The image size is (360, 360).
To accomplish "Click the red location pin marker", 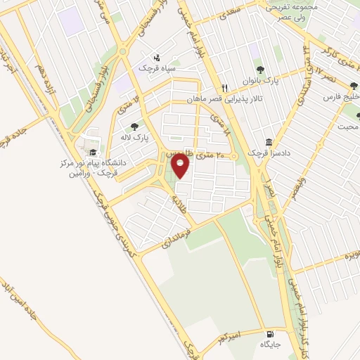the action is pyautogui.click(x=181, y=167).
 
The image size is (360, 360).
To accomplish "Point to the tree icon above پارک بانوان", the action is pyautogui.click(x=261, y=70).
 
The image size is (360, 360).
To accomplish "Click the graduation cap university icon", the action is pyautogui.click(x=92, y=152).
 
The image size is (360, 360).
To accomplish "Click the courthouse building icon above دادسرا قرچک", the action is pyautogui.click(x=269, y=141).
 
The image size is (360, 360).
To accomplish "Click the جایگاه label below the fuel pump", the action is pyautogui.click(x=270, y=345).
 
